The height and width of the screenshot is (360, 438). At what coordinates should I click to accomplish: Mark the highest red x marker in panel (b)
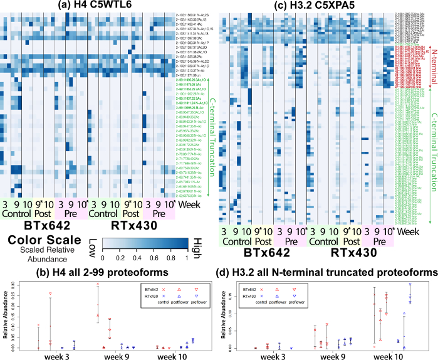[x=97, y=284]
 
